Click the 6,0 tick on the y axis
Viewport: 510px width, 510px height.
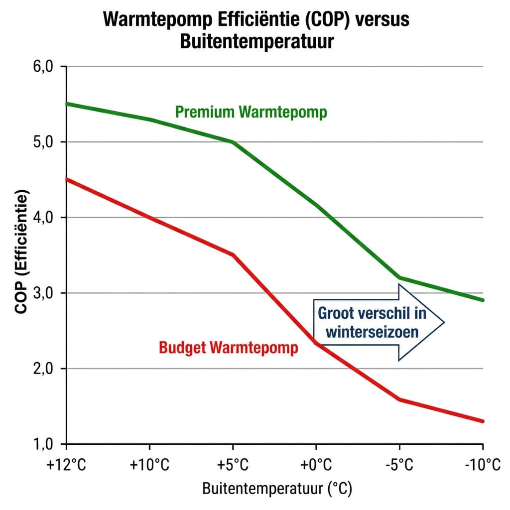pyautogui.click(x=42, y=67)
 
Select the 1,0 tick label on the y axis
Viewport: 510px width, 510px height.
pyautogui.click(x=42, y=443)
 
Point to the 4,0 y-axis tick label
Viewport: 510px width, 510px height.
pyautogui.click(x=42, y=218)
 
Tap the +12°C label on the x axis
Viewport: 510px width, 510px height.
pyautogui.click(x=67, y=466)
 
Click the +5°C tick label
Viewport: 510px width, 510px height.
pyautogui.click(x=232, y=466)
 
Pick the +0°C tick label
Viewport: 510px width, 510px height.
pyautogui.click(x=315, y=466)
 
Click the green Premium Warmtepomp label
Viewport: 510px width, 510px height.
pyautogui.click(x=251, y=112)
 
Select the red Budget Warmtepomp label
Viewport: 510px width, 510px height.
pyautogui.click(x=229, y=347)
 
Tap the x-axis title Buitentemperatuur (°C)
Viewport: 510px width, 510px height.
pyautogui.click(x=277, y=489)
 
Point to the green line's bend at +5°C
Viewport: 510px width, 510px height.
pyautogui.click(x=233, y=142)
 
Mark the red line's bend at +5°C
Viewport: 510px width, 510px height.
pyautogui.click(x=233, y=255)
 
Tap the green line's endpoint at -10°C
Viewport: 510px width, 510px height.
pyautogui.click(x=483, y=300)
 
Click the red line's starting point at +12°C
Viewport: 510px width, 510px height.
pyautogui.click(x=67, y=179)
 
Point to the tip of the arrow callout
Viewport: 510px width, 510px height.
pyautogui.click(x=443, y=322)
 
